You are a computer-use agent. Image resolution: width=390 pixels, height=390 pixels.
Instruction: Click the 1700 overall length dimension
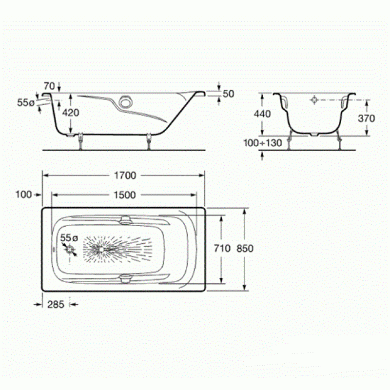click(125, 175)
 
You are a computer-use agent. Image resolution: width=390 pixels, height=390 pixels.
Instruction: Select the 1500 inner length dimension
click(125, 195)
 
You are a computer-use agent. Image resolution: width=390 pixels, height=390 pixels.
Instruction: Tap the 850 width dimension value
click(245, 248)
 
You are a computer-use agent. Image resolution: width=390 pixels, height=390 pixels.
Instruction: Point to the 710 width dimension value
click(222, 248)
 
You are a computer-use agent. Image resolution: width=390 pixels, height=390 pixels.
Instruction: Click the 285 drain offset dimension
click(56, 304)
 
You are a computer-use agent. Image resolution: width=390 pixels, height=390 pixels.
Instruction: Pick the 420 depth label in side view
click(71, 113)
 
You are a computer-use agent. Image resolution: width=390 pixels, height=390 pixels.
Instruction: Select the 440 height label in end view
click(262, 114)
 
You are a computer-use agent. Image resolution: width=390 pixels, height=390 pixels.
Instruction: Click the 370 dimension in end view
click(367, 118)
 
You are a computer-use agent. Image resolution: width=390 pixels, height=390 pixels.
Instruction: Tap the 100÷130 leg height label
click(263, 143)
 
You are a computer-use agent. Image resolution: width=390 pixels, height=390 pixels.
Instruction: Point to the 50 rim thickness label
click(229, 94)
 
